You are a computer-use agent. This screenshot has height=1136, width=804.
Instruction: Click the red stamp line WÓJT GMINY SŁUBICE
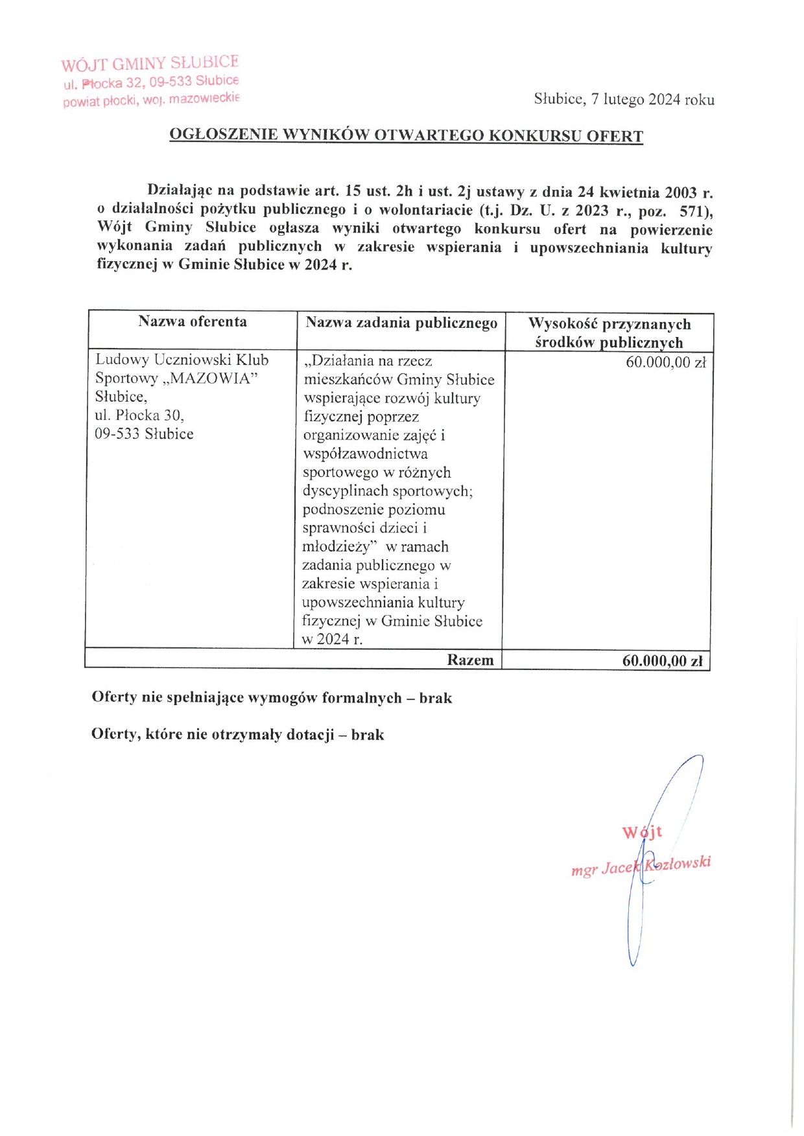(150, 64)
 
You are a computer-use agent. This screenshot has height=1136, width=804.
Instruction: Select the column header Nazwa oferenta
(193, 322)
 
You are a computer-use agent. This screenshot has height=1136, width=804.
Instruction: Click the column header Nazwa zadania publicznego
(401, 323)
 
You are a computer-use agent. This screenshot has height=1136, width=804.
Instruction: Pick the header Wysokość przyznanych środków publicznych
(609, 333)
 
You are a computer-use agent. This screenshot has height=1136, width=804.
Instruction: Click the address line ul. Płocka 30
(139, 415)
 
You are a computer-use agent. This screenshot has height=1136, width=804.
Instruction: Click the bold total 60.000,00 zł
(663, 661)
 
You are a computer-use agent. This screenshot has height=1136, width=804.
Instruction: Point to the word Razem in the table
(470, 660)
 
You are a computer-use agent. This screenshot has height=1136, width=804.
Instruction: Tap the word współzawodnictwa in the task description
(365, 454)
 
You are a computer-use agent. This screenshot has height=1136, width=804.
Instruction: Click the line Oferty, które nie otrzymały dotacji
(237, 735)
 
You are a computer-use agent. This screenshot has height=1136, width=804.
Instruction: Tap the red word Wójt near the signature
(642, 832)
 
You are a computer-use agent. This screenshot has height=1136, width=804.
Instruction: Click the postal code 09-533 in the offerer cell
(117, 434)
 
